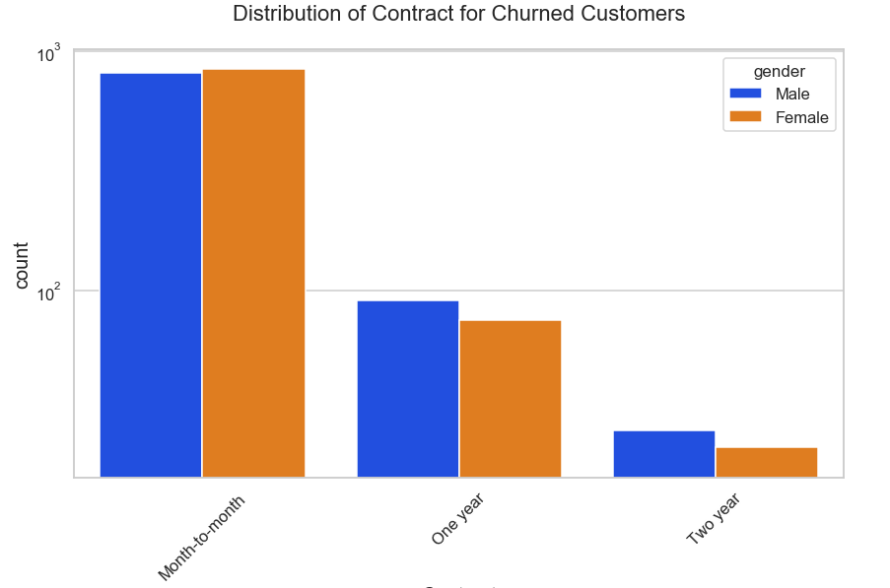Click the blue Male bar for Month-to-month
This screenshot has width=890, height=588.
coord(151,276)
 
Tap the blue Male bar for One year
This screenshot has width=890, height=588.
coord(407,389)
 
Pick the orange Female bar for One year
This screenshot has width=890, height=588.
coord(510,399)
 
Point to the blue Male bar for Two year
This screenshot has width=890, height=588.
coord(663,454)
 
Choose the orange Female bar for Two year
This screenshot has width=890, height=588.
coord(766,463)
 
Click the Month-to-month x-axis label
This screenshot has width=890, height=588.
coord(202,537)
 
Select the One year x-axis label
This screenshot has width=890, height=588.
coord(457,519)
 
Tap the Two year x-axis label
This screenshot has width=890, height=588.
coord(713,519)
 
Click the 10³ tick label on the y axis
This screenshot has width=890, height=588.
coord(49,54)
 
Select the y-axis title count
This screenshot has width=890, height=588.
coord(23,266)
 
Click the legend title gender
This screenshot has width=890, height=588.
coord(779,71)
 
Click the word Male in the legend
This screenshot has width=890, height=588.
coord(792,94)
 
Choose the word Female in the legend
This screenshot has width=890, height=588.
coord(801,117)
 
